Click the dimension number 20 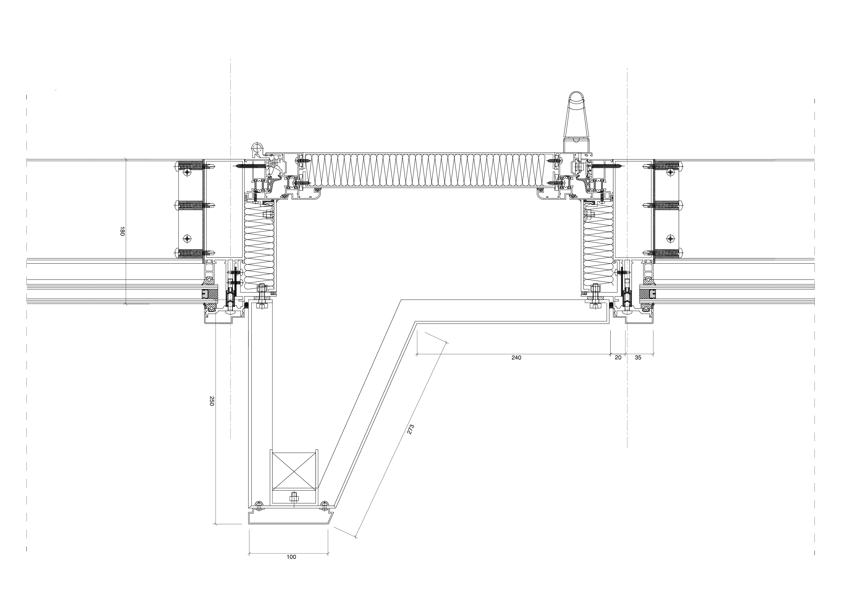618,358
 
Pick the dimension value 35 638,358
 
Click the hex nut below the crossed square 294,498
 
